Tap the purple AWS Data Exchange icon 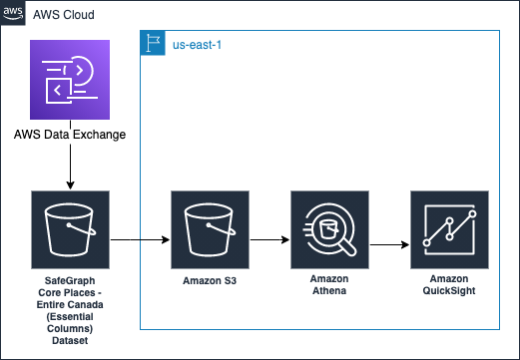click(70, 79)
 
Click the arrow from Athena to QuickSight click(389, 242)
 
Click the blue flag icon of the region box click(152, 43)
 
